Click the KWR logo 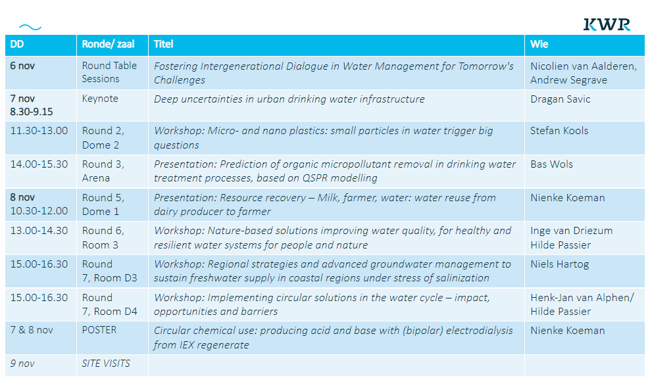pos(607,24)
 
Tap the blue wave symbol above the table pos(30,28)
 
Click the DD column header pos(17,44)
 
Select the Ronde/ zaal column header pos(108,44)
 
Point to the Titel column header pos(163,44)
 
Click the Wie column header pos(539,44)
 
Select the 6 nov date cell pos(22,66)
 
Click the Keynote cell pos(100,99)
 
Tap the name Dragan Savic pos(561,99)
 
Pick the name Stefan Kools pos(559,131)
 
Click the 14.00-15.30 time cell pos(39,164)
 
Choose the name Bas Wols pos(552,164)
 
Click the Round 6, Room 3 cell pos(103,237)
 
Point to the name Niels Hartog pos(560,264)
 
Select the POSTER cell pos(99,330)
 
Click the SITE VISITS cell pos(106,364)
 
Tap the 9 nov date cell pos(22,364)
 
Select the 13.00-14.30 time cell pos(39,230)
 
